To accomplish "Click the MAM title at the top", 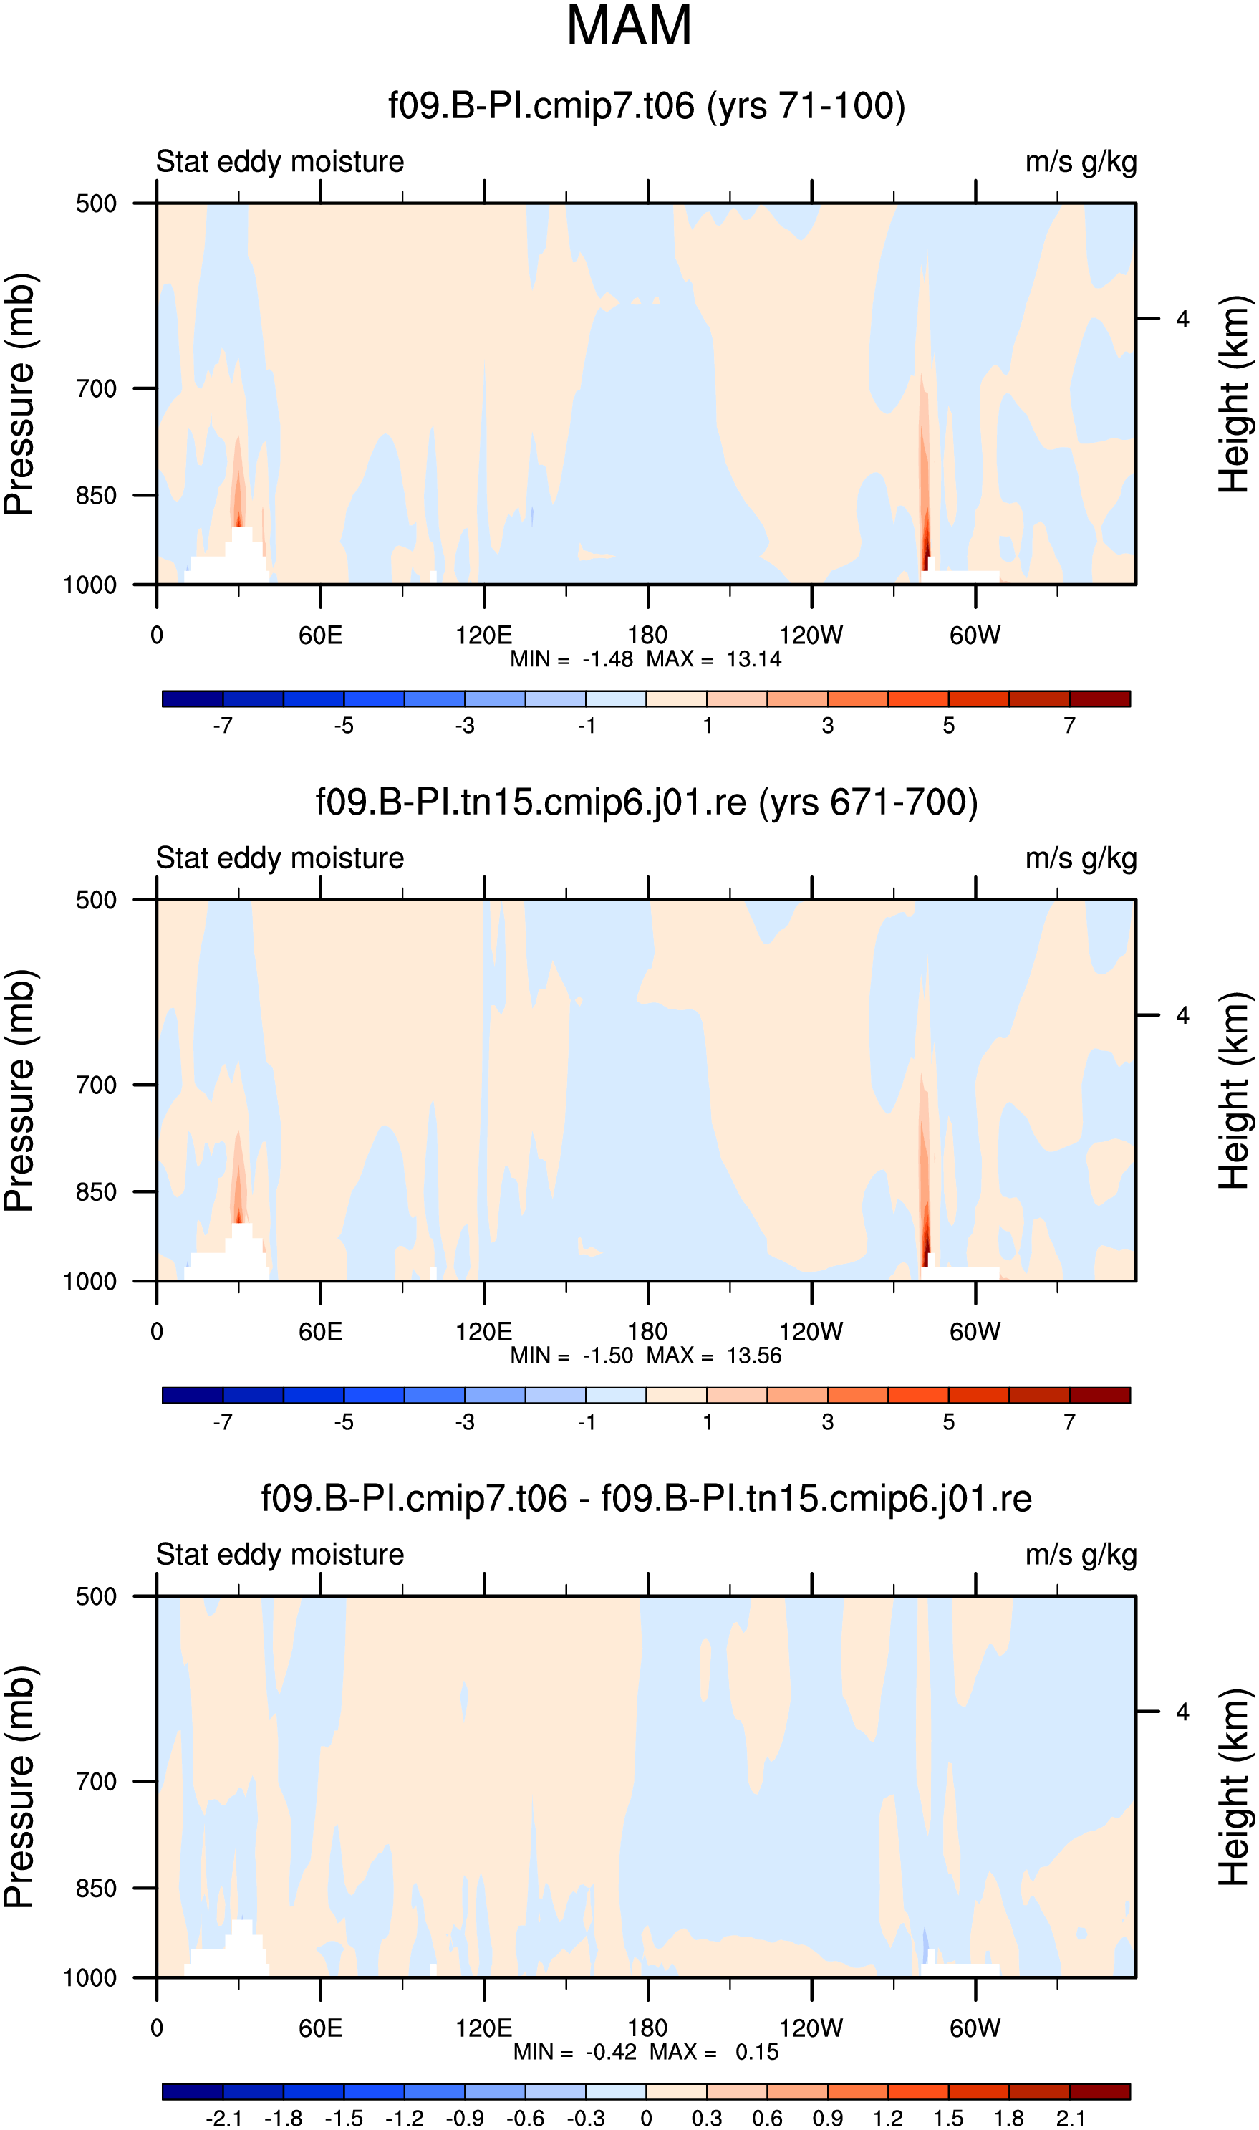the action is pos(629,26).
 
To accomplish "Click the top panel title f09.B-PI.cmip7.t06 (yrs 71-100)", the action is pos(647,106).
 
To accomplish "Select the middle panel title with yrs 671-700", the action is pos(647,802).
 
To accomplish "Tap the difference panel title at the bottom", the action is pos(646,1499).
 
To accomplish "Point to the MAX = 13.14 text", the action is pos(713,659).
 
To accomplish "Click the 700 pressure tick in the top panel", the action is pos(96,388).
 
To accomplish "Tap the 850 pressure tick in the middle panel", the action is pos(96,1191).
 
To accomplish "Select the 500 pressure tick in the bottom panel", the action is pos(96,1596).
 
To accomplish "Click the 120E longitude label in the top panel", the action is pos(483,635).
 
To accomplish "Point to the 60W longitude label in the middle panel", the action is pos(975,1331).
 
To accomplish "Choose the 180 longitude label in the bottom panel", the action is pos(647,2028).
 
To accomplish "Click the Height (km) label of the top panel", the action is pos(1235,394).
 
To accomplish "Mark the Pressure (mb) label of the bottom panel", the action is pos(19,1787).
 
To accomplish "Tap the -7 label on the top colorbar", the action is pos(222,726).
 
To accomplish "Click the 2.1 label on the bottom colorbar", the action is pos(1070,2118).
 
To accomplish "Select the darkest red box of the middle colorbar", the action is pos(1099,1395).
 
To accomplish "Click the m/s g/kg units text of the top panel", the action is pos(1081,162).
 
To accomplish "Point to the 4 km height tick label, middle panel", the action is pos(1182,1015).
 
